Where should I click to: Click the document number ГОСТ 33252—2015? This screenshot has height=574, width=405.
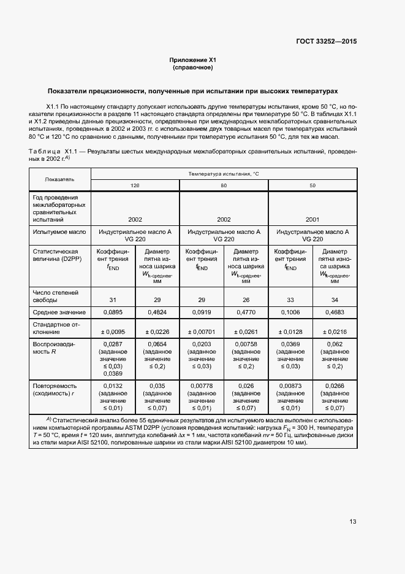(x=327, y=41)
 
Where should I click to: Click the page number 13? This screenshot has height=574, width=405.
(x=353, y=522)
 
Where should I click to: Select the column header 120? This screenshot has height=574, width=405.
(x=135, y=185)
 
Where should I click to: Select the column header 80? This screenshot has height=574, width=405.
(x=224, y=185)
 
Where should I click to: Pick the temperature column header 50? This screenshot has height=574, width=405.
(x=312, y=185)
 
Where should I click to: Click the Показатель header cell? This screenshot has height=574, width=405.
(x=59, y=179)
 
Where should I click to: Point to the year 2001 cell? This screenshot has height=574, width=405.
(x=312, y=219)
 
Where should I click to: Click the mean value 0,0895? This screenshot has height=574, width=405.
(x=113, y=312)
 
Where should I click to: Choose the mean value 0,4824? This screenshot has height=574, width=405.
(x=157, y=312)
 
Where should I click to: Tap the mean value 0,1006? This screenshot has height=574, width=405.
(x=290, y=312)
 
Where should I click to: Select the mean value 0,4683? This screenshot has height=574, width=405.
(x=335, y=312)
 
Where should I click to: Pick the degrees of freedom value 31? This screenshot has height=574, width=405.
(x=113, y=300)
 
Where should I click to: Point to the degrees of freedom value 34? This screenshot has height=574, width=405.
(x=335, y=300)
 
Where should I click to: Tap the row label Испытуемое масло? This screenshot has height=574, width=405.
(x=58, y=232)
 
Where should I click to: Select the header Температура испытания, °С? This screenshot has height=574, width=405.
(x=224, y=174)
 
